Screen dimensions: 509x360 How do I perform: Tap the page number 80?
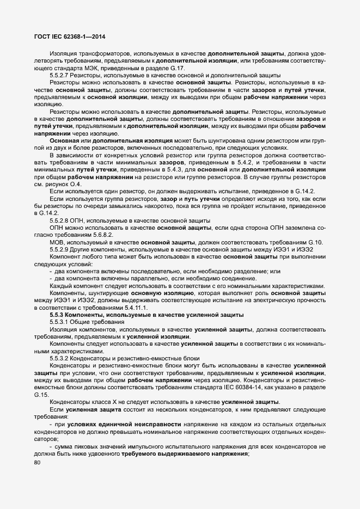pyautogui.click(x=38, y=463)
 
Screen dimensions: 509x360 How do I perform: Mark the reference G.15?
pyautogui.click(x=42, y=394)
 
